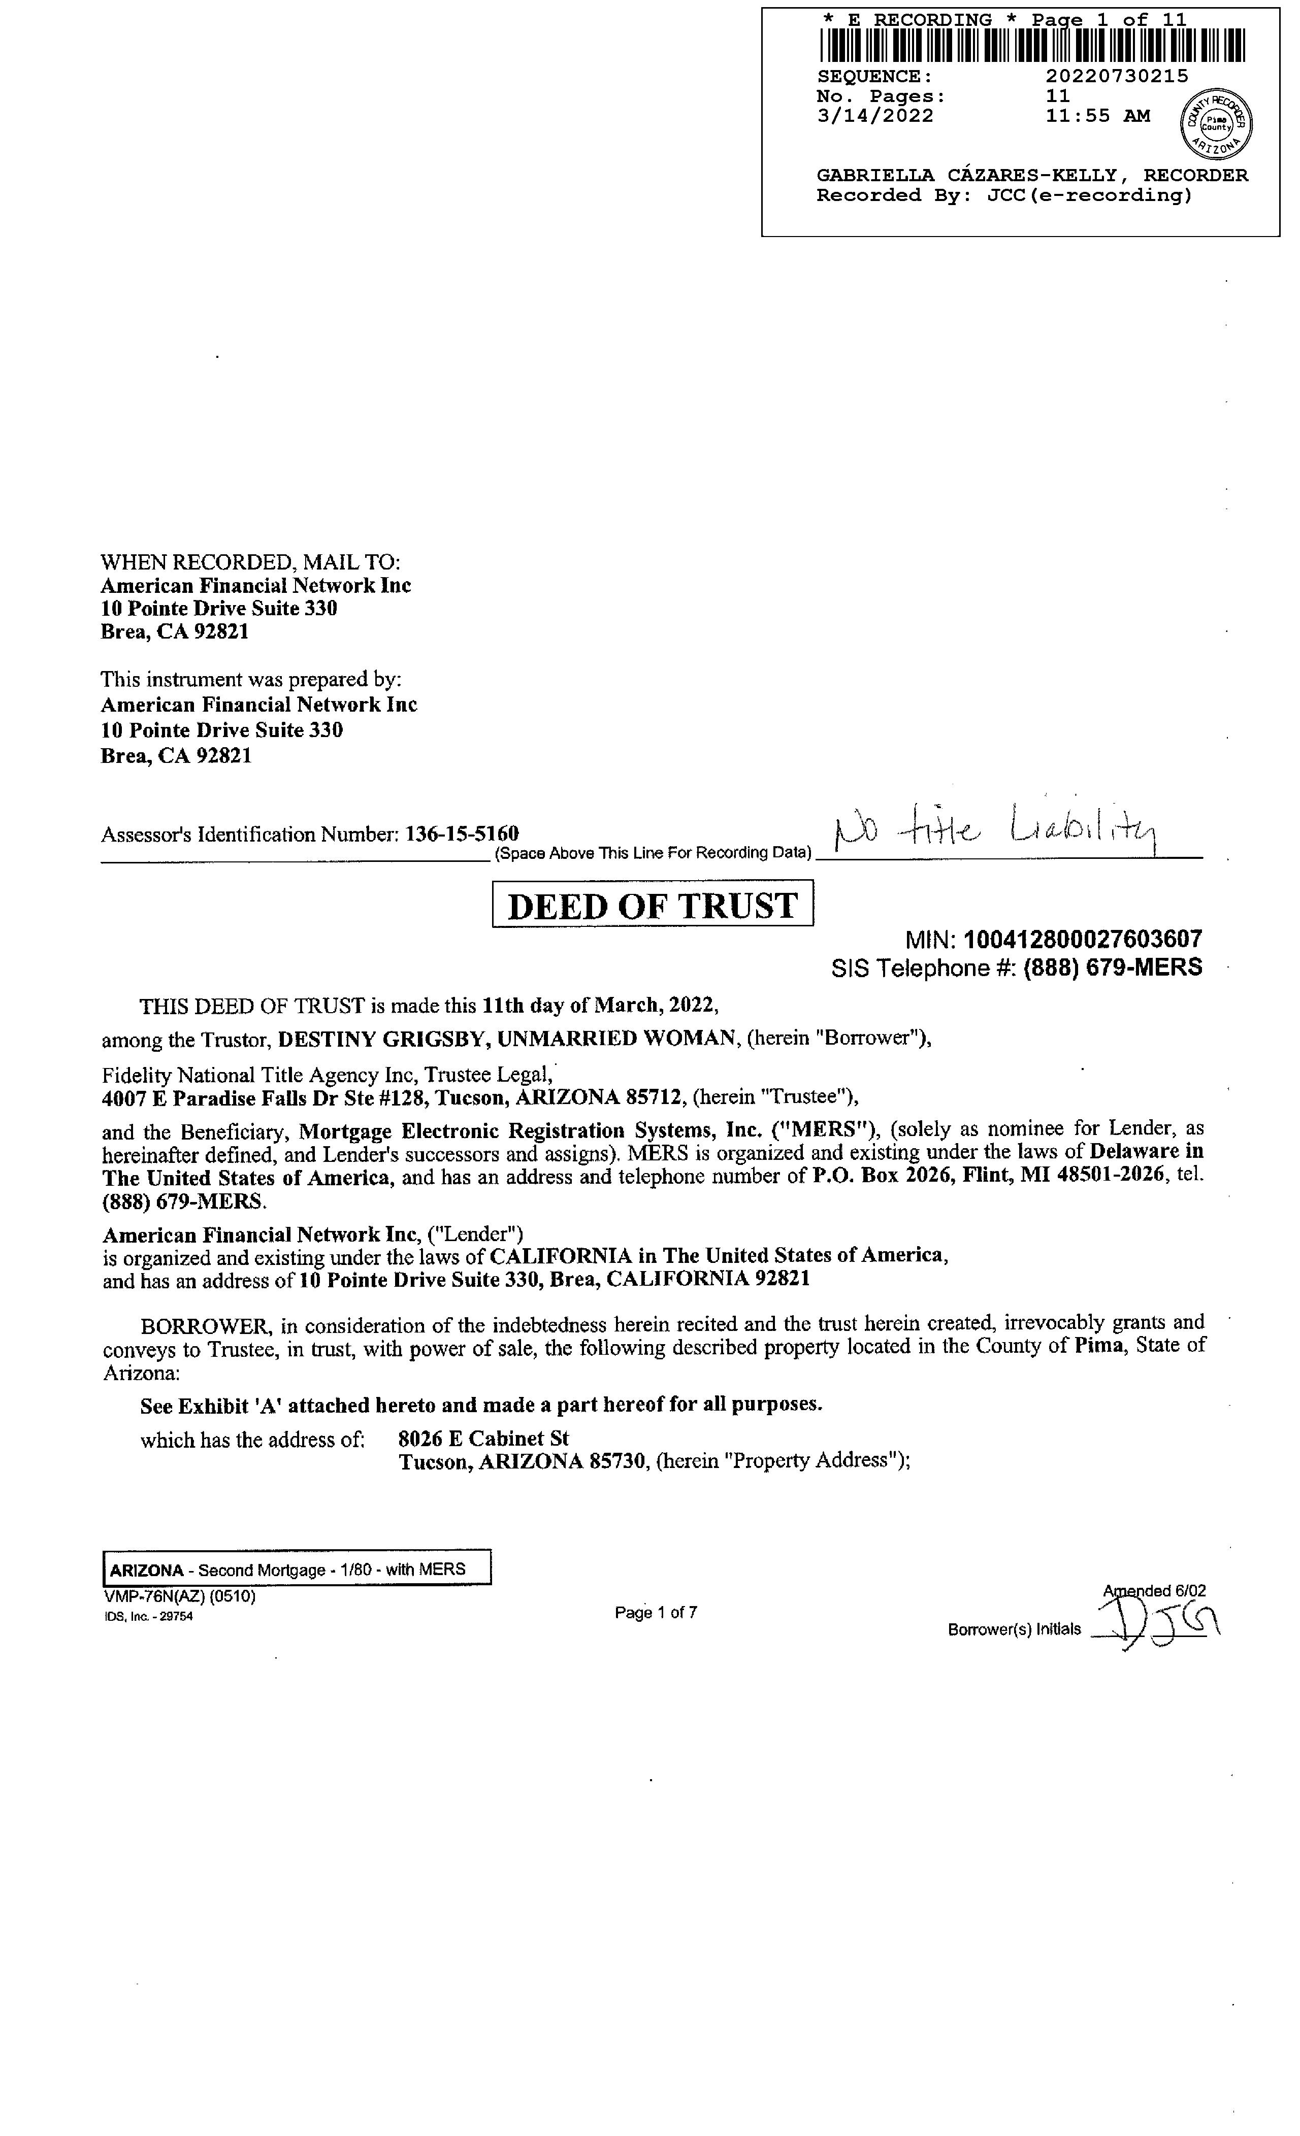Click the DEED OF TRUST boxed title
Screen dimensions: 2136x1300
652,904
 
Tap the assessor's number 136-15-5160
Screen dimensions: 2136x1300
462,834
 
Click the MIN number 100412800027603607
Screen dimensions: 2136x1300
1082,939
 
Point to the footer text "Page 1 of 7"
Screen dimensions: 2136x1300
656,1612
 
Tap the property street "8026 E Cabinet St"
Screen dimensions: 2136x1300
483,1438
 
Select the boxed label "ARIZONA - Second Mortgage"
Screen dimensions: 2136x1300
297,1569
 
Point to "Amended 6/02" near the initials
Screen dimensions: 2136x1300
1153,1591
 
